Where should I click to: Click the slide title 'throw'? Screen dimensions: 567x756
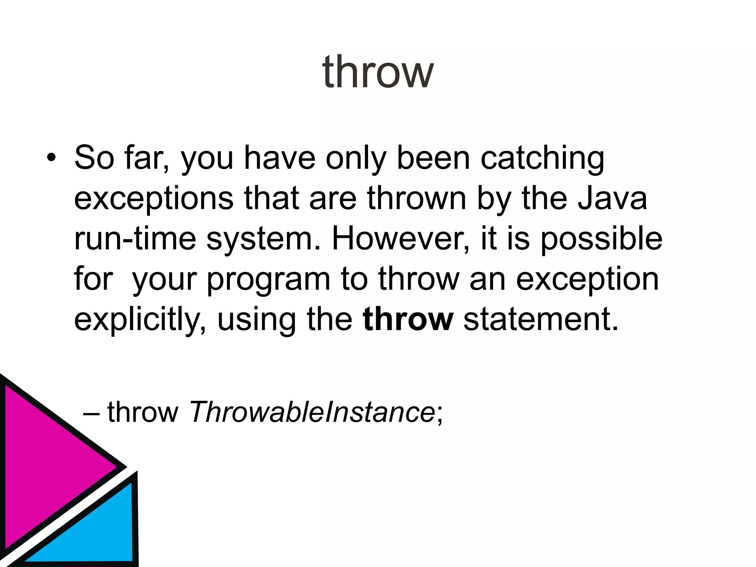coord(378,72)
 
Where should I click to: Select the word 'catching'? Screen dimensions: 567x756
coord(542,159)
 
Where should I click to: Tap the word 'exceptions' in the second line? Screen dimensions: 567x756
coord(154,199)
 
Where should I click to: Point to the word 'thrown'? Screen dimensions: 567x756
coord(417,198)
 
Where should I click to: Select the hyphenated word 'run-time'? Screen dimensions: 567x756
coord(135,239)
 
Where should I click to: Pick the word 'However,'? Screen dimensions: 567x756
coord(401,239)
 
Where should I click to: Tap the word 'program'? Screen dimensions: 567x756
coord(268,279)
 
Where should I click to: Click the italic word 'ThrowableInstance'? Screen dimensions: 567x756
coord(312,412)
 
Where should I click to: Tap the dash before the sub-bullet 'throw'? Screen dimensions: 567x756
coord(91,412)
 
